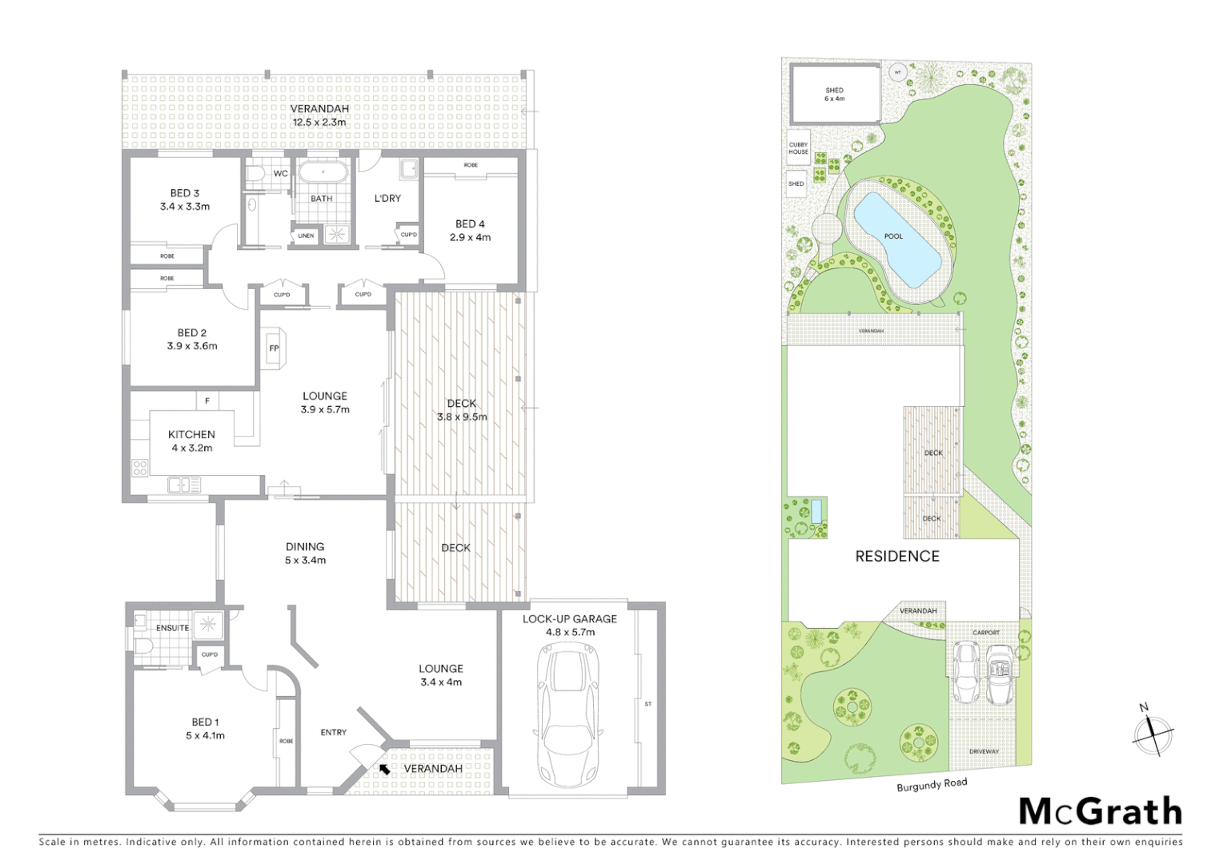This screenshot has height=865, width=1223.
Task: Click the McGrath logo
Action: click(1101, 811)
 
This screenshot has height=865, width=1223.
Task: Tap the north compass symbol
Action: click(1152, 731)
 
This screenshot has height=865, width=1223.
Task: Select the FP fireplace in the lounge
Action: click(274, 348)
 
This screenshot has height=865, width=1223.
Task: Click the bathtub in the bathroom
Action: click(322, 172)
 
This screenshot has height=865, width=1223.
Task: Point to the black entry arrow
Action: click(385, 769)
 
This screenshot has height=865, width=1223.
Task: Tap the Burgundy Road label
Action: click(932, 784)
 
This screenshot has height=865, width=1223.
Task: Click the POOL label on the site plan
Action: click(893, 236)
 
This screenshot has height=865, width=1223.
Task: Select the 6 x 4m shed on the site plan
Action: click(835, 95)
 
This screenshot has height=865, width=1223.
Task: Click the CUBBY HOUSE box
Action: click(798, 149)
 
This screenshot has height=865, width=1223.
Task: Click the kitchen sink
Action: click(184, 485)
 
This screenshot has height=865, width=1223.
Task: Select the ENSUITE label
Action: click(172, 628)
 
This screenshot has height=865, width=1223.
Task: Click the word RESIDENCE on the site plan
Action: click(897, 556)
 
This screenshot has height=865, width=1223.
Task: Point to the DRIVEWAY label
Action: click(984, 751)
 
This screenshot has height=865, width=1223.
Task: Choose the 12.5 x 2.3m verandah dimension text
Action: click(319, 123)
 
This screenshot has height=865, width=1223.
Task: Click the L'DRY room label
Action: click(387, 198)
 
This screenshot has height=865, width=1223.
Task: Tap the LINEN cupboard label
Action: click(306, 235)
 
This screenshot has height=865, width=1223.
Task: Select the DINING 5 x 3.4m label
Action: click(305, 553)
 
